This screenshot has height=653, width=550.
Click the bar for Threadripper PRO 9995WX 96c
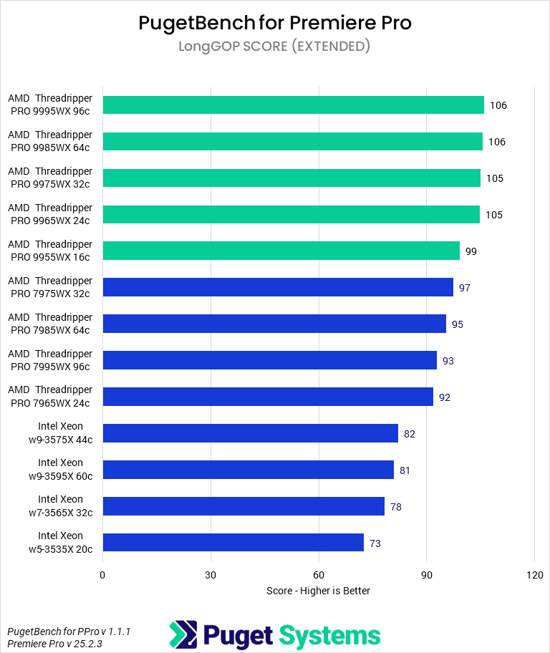tap(293, 105)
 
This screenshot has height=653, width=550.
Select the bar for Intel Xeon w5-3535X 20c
tap(233, 543)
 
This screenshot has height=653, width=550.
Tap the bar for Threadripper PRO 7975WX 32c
tap(278, 287)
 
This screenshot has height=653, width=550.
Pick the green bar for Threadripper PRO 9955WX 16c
tap(281, 251)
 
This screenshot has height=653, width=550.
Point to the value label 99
tap(471, 251)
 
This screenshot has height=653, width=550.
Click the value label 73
tap(375, 543)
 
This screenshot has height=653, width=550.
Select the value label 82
tap(410, 434)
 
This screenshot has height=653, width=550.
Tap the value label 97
tap(465, 288)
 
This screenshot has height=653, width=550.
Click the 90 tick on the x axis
tap(427, 575)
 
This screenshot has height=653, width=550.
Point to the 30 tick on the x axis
tap(211, 575)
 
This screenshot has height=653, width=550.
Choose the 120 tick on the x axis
tap(534, 575)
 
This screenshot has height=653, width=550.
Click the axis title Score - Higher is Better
tap(318, 591)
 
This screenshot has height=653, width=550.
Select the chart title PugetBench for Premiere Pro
tap(275, 23)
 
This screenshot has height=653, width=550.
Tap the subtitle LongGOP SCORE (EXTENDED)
tap(275, 47)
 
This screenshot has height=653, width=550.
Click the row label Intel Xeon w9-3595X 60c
tap(61, 469)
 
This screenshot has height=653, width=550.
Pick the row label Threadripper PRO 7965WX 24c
tap(50, 396)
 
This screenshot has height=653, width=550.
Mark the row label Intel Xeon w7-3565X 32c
tap(61, 506)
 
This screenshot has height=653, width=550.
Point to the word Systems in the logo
tap(329, 635)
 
